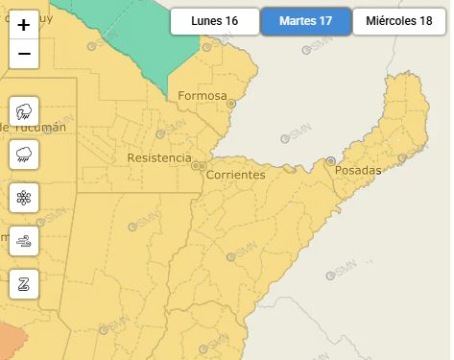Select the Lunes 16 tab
click(x=214, y=21)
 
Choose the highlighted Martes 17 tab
click(x=305, y=21)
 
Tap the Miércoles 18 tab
click(x=398, y=21)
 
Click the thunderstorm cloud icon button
click(x=24, y=111)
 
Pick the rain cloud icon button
click(x=24, y=155)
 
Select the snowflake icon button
click(x=24, y=198)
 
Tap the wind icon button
click(x=24, y=241)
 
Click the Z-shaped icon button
click(x=24, y=283)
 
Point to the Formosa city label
click(x=203, y=96)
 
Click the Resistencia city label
click(x=159, y=157)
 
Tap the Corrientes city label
click(x=235, y=175)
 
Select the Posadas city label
click(x=358, y=171)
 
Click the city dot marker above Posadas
click(x=331, y=160)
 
